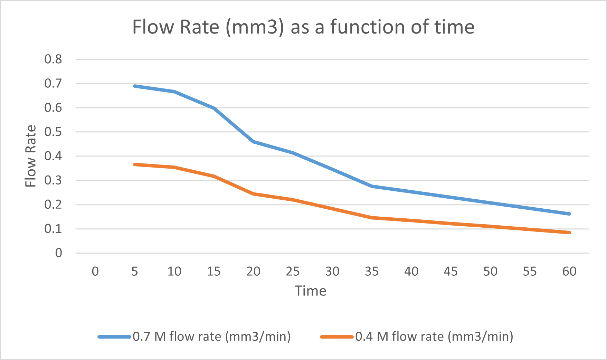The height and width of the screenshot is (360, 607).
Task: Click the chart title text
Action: (x=303, y=27)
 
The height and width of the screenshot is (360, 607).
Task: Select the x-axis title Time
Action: (x=310, y=291)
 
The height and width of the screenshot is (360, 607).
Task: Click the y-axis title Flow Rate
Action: (x=31, y=156)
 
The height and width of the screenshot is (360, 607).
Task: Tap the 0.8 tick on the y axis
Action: (x=53, y=59)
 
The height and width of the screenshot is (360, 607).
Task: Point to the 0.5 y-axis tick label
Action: (x=53, y=132)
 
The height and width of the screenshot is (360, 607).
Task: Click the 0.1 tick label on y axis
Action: (x=53, y=229)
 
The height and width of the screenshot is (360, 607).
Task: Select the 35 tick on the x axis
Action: (x=372, y=272)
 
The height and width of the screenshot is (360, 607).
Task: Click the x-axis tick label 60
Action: (x=569, y=272)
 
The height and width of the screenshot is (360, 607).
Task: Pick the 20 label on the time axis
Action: (x=253, y=272)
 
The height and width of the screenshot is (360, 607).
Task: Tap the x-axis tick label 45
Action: (x=450, y=272)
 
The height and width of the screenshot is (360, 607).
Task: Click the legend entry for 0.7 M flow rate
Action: (x=211, y=336)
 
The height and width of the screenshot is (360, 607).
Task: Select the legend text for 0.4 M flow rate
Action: (x=434, y=336)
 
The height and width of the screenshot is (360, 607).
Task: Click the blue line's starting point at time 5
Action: (x=135, y=86)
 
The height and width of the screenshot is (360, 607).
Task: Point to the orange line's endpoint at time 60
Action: (x=569, y=233)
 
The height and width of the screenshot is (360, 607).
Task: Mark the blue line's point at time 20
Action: (x=253, y=142)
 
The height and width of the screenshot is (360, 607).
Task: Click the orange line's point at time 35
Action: (x=372, y=218)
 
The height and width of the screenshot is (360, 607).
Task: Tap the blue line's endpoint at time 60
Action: (x=569, y=214)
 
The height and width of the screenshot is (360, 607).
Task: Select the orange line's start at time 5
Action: (x=135, y=164)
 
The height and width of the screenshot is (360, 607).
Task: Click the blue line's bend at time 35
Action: (x=372, y=186)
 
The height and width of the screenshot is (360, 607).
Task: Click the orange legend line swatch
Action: (x=336, y=337)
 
